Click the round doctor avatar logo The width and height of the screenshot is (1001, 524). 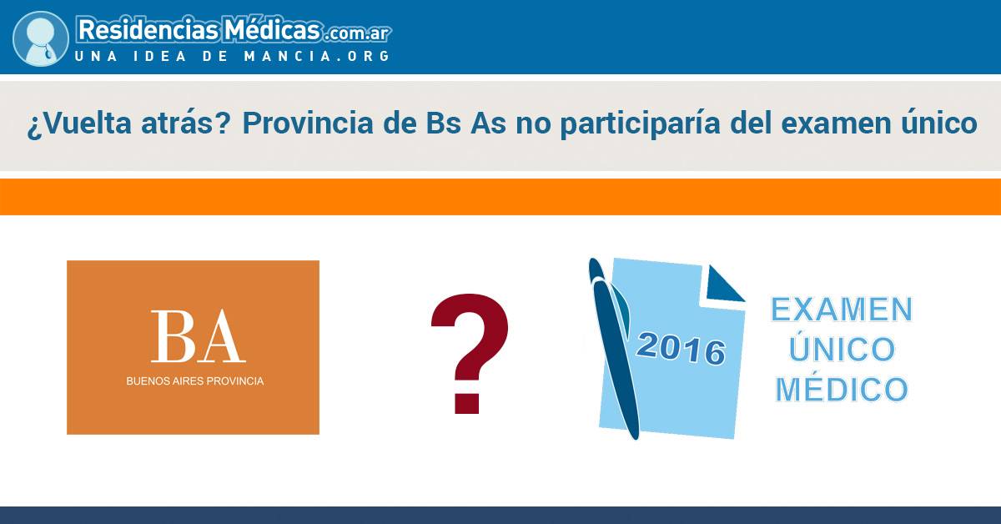click(x=41, y=38)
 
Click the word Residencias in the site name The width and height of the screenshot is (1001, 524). click(x=148, y=30)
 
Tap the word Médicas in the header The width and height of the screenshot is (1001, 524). click(x=272, y=29)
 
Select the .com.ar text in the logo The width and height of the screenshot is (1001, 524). click(x=358, y=33)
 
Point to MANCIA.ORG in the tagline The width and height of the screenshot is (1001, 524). click(x=317, y=56)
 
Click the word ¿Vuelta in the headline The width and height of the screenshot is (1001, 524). click(x=78, y=123)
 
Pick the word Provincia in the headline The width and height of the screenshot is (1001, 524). click(x=308, y=123)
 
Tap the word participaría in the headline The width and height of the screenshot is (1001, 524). click(x=640, y=123)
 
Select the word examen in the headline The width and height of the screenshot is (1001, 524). click(x=836, y=123)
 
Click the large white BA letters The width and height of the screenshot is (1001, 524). click(x=198, y=336)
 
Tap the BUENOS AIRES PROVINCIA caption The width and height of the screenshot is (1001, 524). click(x=195, y=381)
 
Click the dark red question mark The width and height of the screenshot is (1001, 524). click(x=469, y=353)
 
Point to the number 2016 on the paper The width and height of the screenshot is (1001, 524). click(x=681, y=348)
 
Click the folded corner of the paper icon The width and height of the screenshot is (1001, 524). click(x=725, y=285)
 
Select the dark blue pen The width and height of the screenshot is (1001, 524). click(x=615, y=348)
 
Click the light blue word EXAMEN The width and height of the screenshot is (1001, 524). click(x=842, y=310)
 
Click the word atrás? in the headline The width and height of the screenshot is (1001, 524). click(x=185, y=123)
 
